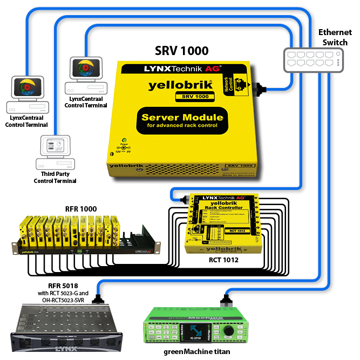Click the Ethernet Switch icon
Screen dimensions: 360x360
313,59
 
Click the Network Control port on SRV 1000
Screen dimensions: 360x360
241,87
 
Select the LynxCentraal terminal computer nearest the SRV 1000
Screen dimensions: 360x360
85,75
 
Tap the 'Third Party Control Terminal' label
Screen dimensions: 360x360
55,177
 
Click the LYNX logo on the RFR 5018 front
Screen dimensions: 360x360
64,349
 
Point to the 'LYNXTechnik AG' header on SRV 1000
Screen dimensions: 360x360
181,70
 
